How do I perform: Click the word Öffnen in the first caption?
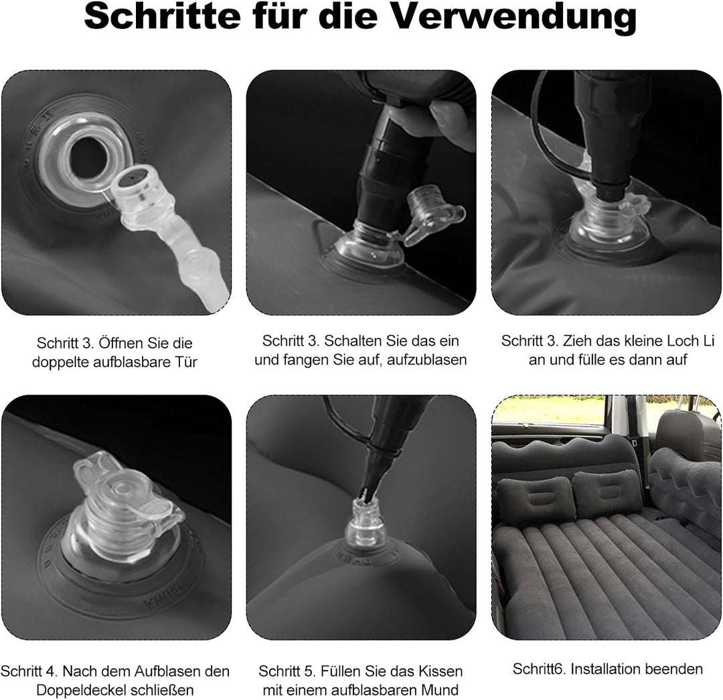click(x=120, y=343)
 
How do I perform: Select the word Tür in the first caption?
click(x=186, y=362)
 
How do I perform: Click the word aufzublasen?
click(x=427, y=360)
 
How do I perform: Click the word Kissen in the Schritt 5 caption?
click(x=440, y=671)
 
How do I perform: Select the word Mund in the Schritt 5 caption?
click(x=442, y=690)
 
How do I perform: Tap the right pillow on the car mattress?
click(x=607, y=494)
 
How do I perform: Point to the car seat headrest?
click(x=687, y=435)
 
